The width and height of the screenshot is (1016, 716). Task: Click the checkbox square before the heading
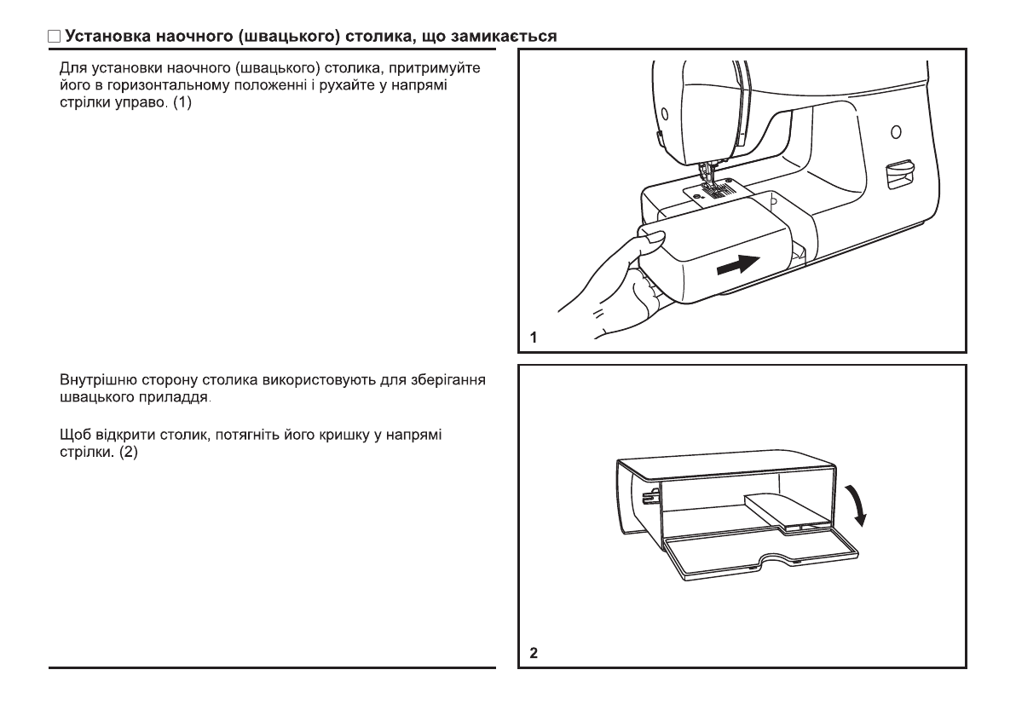(x=54, y=37)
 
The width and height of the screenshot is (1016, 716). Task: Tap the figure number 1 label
(x=534, y=338)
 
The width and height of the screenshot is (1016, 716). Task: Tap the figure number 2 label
(x=534, y=654)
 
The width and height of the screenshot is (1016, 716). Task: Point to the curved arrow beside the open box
(x=863, y=503)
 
